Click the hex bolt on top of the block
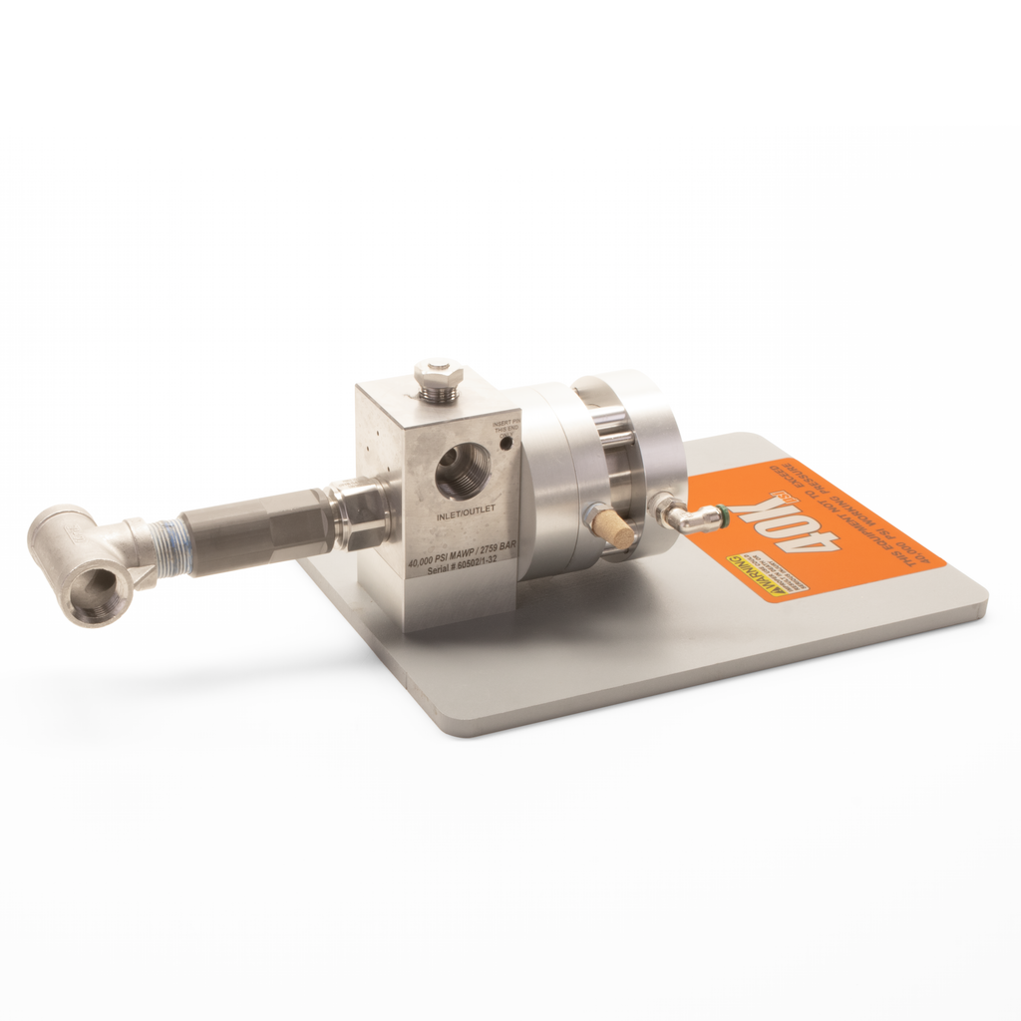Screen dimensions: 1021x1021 point(438,380)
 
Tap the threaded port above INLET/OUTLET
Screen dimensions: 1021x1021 point(464,472)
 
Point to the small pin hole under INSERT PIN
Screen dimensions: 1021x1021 point(506,442)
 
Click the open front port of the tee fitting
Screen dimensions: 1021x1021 point(98,589)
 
